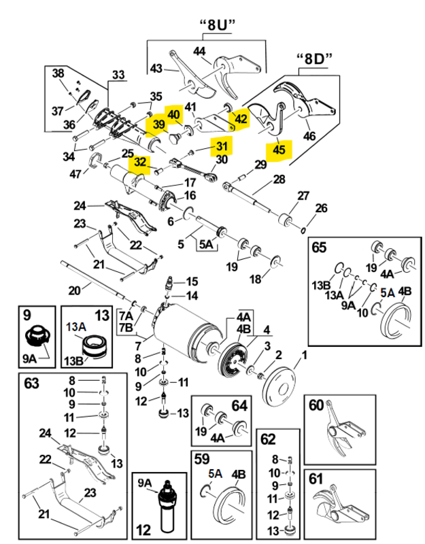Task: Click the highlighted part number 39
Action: tap(158, 124)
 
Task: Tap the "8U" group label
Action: tap(216, 26)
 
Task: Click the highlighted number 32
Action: tap(140, 163)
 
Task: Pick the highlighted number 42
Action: tap(241, 118)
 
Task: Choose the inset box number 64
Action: tap(239, 406)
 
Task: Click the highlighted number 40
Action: tap(173, 115)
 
